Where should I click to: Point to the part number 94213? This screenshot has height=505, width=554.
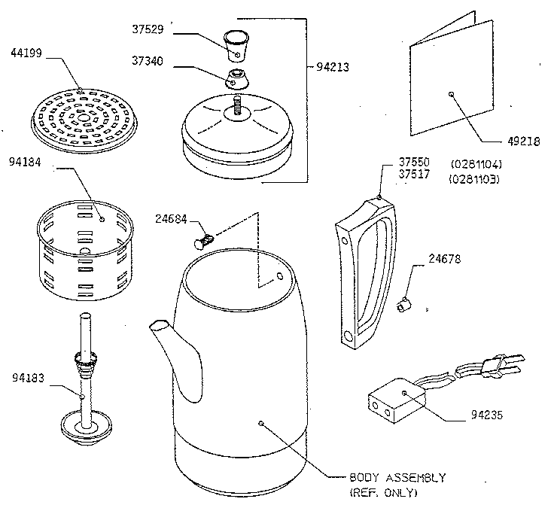tap(333, 66)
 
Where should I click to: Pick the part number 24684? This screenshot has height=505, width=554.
tap(172, 220)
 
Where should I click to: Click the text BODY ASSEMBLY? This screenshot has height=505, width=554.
tap(397, 478)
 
